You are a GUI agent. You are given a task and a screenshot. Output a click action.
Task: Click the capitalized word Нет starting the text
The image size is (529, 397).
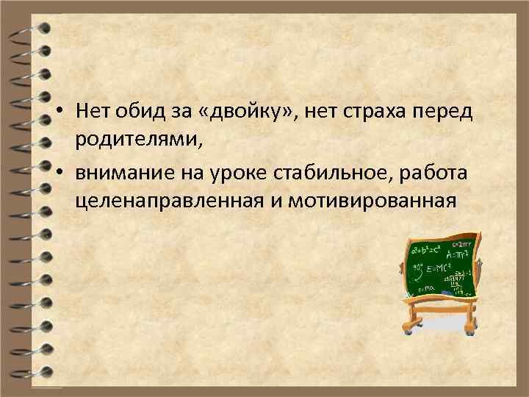pos(91,112)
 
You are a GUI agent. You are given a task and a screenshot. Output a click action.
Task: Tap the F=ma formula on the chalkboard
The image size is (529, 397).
pos(425,288)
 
